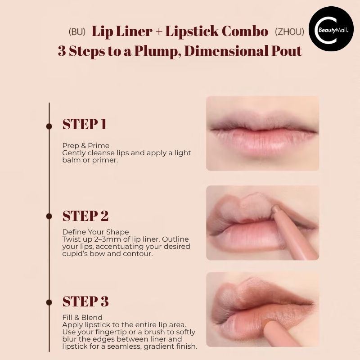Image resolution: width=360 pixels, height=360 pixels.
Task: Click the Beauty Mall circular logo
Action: [331, 29]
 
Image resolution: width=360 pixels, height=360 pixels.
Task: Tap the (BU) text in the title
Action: [77, 31]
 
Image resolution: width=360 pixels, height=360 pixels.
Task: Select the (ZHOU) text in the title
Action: [289, 31]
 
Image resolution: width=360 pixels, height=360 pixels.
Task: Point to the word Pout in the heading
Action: [287, 51]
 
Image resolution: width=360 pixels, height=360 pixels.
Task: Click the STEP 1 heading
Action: [85, 124]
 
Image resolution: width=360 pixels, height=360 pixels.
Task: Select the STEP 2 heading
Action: [85, 216]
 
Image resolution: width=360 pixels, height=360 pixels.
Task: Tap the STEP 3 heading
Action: [85, 301]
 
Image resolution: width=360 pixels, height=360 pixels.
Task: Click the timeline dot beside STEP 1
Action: [49, 126]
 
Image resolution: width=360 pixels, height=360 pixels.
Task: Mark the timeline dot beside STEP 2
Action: [49, 216]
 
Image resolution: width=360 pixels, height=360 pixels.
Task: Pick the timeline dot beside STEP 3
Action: [49, 302]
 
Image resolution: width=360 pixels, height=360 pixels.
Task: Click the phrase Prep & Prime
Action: [86, 145]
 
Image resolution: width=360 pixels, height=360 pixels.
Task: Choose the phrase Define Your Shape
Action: [95, 232]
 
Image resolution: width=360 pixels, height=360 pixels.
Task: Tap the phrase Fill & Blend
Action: [82, 317]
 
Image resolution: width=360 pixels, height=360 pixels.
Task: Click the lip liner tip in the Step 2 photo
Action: [275, 209]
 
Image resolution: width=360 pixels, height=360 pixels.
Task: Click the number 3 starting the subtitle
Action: [62, 51]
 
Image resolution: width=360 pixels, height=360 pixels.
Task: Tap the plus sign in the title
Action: [159, 31]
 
